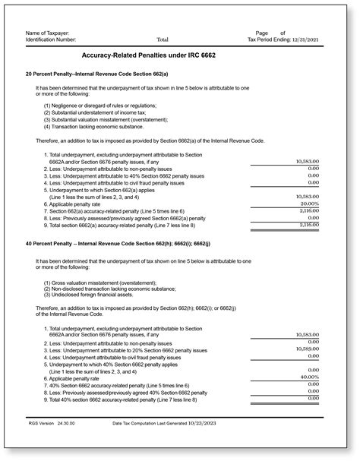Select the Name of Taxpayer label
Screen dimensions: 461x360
48,32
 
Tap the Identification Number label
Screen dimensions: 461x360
54,39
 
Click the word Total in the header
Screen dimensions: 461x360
163,39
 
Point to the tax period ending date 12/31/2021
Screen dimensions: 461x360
314,39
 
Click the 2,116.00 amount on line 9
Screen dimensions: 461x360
306,225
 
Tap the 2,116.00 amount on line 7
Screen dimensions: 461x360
306,210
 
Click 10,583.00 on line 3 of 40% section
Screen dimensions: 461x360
305,349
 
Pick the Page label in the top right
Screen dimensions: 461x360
262,32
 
